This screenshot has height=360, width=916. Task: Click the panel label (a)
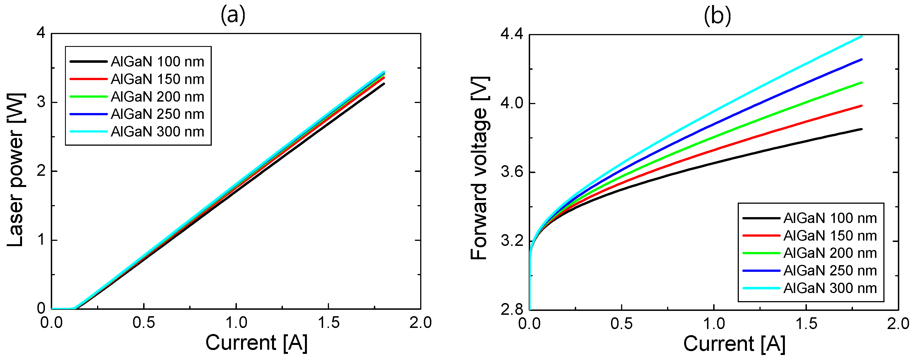point(233,16)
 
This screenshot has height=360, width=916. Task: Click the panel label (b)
point(717,16)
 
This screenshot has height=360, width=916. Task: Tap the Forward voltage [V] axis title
point(479,168)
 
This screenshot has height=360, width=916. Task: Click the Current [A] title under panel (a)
point(256,343)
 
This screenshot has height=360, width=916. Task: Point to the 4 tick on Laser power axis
point(41,33)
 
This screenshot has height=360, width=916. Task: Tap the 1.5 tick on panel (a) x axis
point(328,323)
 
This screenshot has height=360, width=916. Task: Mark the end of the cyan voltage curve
point(861,36)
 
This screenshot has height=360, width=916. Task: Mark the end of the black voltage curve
point(861,129)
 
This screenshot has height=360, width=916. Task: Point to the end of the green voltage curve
point(861,83)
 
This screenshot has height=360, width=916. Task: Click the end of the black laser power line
point(384,84)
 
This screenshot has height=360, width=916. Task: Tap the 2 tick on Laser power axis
point(41,171)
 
